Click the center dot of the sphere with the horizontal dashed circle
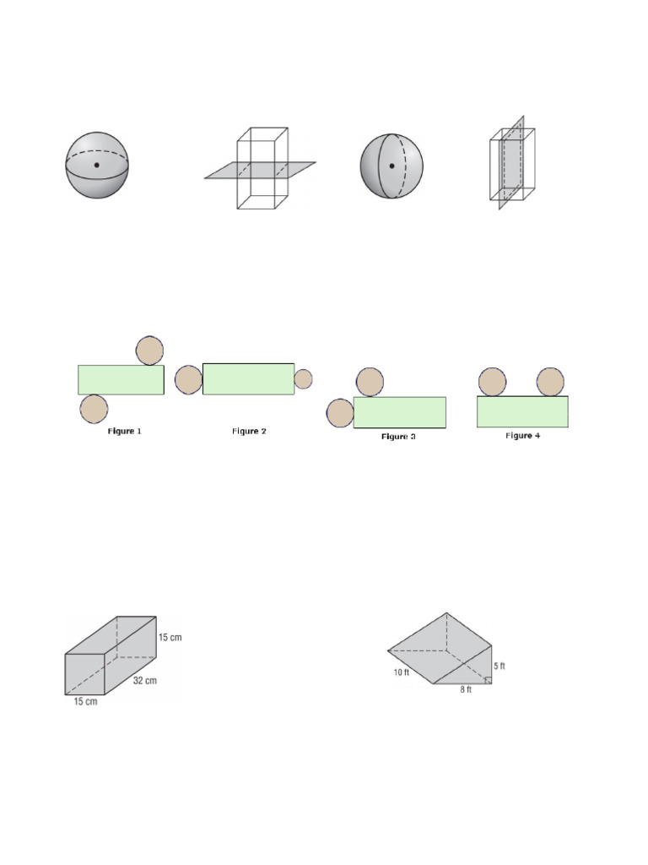(97, 165)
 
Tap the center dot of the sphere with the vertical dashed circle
(391, 166)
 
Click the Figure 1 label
(124, 432)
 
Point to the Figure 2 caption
(249, 432)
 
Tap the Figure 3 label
(398, 437)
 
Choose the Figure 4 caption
(522, 436)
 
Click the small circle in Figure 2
(303, 379)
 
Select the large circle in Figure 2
(189, 379)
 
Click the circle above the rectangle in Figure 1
(149, 351)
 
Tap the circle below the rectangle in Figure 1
(94, 409)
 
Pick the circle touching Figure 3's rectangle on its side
(340, 414)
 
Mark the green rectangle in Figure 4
(522, 411)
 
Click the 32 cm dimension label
(144, 680)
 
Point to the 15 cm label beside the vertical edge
(170, 637)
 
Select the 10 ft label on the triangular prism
(400, 673)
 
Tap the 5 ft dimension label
(499, 666)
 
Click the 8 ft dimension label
(465, 690)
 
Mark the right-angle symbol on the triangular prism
(489, 681)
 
